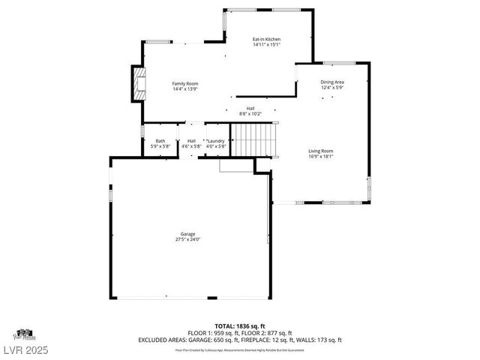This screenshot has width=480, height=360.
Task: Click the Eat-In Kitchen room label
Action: click(x=266, y=39)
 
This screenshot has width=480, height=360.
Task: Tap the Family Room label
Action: click(x=184, y=83)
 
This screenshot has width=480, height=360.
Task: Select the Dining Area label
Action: click(x=332, y=82)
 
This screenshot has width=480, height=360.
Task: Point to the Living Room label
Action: click(x=321, y=151)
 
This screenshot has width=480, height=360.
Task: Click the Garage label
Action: click(x=187, y=234)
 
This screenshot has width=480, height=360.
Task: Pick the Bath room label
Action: click(x=160, y=141)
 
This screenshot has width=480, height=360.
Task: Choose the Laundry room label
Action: click(x=216, y=141)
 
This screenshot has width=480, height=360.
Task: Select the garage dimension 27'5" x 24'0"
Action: click(x=187, y=240)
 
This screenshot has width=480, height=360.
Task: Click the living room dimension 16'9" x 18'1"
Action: click(x=321, y=157)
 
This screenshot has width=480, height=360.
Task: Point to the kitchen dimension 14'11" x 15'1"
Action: click(x=266, y=45)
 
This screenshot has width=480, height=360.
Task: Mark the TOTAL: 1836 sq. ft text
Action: click(x=240, y=326)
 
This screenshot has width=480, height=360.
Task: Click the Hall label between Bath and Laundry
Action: click(x=192, y=141)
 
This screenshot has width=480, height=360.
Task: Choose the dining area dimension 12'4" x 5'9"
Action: click(x=332, y=88)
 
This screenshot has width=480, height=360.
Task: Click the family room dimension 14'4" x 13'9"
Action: click(x=184, y=89)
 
